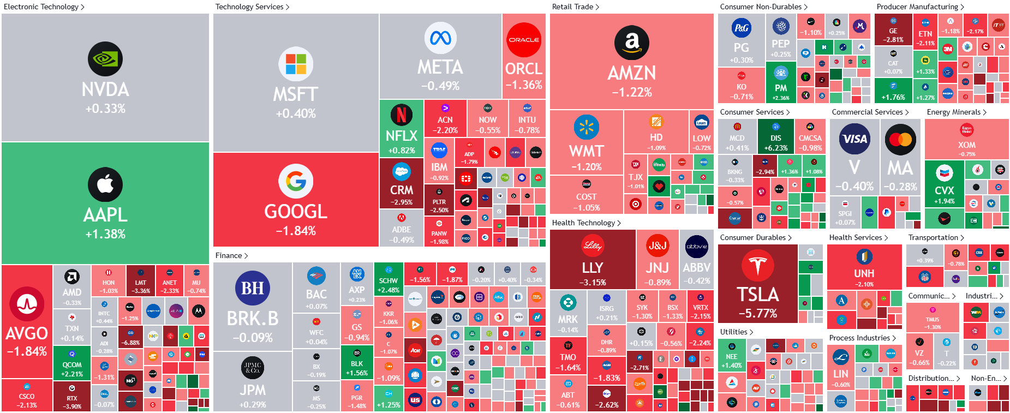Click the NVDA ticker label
coord(105,89)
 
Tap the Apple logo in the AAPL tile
coord(105,185)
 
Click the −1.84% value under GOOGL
coord(296,231)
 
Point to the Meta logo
coord(440,38)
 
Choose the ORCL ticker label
coord(524,69)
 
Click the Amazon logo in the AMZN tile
coord(632,43)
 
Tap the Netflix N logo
coord(401,115)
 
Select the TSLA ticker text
coord(758,295)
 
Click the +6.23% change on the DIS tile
coord(776,148)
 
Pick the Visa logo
coord(854,139)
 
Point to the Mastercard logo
coord(900,139)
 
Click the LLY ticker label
coord(593,268)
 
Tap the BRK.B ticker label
coord(253,319)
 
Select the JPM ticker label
coord(253,390)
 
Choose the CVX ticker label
coord(945,190)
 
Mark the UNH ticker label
coord(864,273)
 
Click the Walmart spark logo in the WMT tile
coord(587,128)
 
